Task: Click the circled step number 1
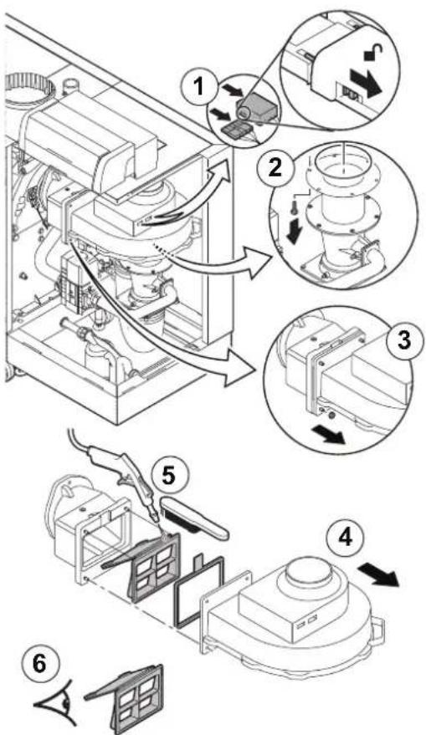coord(199,88)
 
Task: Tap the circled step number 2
coord(274,167)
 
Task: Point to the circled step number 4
coord(345,538)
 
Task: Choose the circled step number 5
coord(168,475)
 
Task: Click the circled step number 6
coord(41,665)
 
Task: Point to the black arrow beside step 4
coord(378,574)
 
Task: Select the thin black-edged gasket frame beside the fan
coord(199,590)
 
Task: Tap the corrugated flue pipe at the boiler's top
coord(28,90)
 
